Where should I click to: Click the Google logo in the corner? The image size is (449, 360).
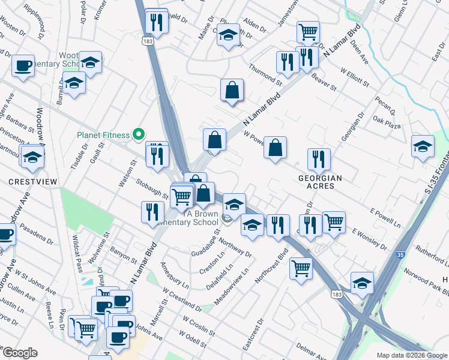coord(19,353)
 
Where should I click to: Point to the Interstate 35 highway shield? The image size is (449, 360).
coord(400,255)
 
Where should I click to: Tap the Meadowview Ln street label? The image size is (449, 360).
coord(237,279)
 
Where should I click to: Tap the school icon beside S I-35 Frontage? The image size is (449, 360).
coord(423,145)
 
